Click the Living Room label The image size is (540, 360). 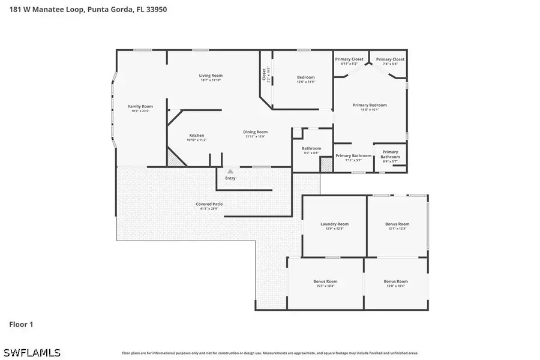211,76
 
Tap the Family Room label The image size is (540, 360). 140,107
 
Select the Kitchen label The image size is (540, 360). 197,136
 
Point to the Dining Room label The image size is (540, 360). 255,132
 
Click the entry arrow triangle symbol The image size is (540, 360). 230,172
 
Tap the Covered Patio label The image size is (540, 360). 209,204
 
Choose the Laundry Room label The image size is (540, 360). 334,224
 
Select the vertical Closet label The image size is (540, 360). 264,74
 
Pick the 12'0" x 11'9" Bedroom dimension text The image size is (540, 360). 306,82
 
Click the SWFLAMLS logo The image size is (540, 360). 31,352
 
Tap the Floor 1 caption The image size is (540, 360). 21,325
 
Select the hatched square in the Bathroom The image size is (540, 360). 326,165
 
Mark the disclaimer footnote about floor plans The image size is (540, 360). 270,353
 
